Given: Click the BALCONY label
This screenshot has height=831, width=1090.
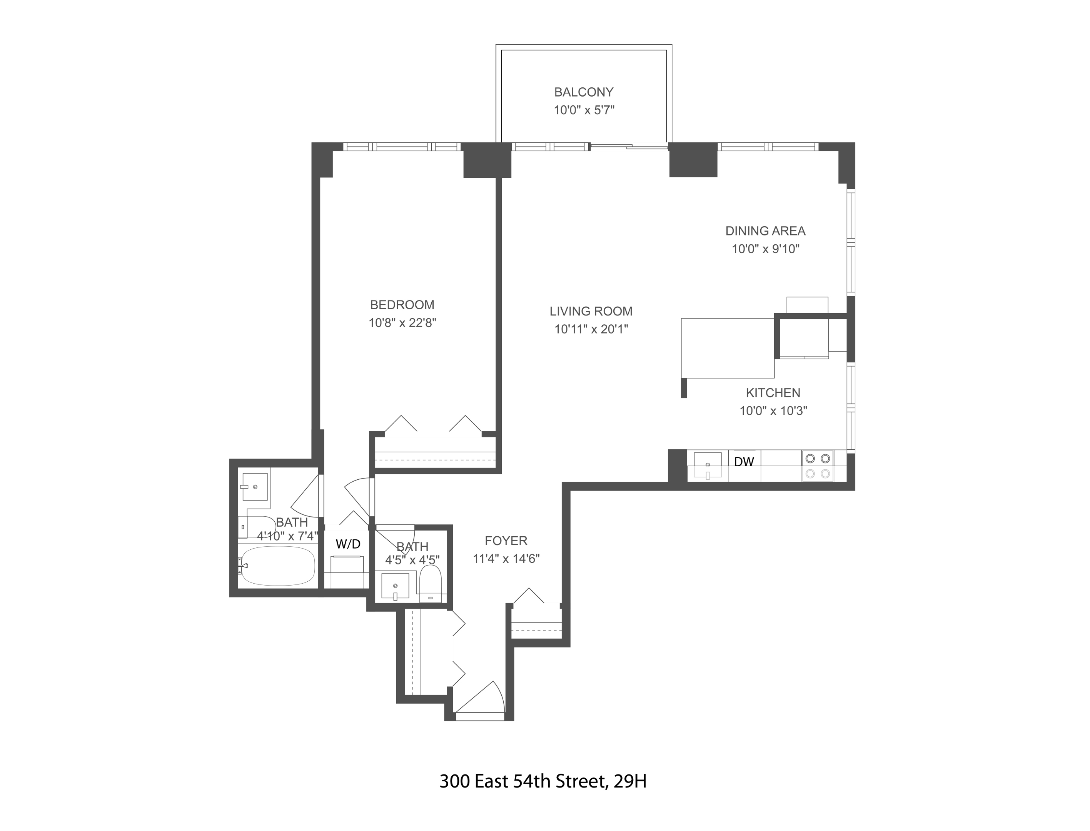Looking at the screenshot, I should tap(584, 92).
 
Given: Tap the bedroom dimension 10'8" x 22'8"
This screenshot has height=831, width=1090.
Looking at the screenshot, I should tap(402, 323).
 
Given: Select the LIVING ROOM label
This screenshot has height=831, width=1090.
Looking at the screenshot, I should tap(591, 311).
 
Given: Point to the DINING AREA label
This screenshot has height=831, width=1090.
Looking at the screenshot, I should tap(765, 231).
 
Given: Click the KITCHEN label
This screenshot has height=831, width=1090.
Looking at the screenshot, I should tap(773, 393).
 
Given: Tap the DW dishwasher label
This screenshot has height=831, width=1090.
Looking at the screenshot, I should tap(744, 462).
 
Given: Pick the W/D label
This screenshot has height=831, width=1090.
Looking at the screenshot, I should tap(348, 544).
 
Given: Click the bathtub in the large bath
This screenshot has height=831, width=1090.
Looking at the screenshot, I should tap(278, 566).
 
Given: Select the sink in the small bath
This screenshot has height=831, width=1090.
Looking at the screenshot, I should tap(395, 586).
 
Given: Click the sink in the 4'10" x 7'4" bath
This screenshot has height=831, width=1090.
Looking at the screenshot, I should tap(255, 487).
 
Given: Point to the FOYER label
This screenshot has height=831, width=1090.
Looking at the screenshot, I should tap(506, 541).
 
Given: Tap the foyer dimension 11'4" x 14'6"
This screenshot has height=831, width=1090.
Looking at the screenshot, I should tap(506, 559).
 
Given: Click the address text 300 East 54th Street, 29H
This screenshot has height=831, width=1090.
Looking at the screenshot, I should tap(542, 781).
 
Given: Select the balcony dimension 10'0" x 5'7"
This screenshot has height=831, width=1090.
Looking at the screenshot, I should tap(584, 110).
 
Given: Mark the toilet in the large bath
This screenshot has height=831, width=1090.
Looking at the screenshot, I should tap(258, 528).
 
